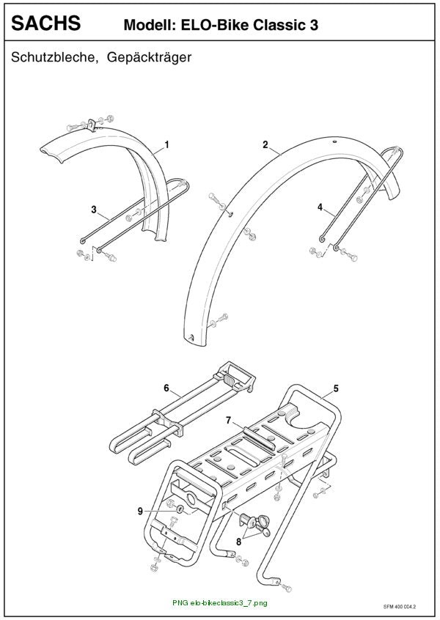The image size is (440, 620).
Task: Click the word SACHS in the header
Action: click(46, 23)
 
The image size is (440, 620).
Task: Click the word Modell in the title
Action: click(149, 25)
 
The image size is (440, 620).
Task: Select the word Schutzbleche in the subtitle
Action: click(54, 57)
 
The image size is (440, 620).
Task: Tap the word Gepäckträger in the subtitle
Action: click(149, 57)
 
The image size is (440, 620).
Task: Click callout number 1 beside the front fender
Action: click(167, 144)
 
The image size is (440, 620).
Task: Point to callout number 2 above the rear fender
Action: click(265, 144)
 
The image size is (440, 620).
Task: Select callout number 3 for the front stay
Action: click(94, 209)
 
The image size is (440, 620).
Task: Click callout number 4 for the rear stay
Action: click(320, 207)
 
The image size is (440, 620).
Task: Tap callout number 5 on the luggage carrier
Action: click(336, 388)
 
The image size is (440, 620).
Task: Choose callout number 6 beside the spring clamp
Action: click(166, 388)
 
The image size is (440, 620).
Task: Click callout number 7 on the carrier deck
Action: click(228, 421)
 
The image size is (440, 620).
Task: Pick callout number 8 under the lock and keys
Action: click(238, 542)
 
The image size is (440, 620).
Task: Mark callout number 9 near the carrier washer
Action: click(140, 512)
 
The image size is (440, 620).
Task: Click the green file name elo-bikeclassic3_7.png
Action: click(229, 603)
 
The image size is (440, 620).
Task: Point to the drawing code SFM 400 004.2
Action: click(400, 606)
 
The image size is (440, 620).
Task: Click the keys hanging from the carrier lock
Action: click(263, 525)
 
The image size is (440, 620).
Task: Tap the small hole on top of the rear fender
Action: click(334, 141)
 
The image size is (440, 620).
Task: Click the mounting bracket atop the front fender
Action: click(92, 125)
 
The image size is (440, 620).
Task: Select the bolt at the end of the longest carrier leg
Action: click(287, 588)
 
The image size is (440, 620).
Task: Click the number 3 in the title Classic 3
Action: click(313, 25)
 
